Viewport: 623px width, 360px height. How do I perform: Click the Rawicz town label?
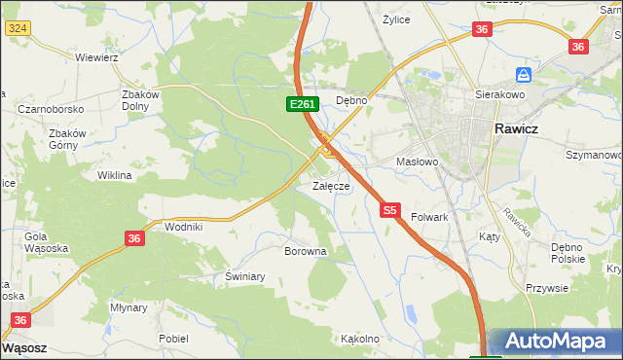click(524, 127)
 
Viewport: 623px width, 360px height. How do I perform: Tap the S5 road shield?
click(390, 209)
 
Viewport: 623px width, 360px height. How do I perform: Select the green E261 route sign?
click(301, 104)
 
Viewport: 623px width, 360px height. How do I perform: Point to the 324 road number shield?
click(16, 29)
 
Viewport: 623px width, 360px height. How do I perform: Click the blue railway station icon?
click(524, 75)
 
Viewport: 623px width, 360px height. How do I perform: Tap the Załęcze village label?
click(330, 185)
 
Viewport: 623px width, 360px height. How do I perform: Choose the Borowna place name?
click(305, 251)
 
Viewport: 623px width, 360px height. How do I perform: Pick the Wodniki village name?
click(183, 227)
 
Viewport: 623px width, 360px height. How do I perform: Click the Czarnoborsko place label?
click(50, 110)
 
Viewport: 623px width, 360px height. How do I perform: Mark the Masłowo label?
click(418, 162)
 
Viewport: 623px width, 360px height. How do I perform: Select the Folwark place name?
click(429, 217)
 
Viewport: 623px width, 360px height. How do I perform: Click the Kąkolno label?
click(359, 340)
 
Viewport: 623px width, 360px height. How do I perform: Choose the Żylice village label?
click(396, 18)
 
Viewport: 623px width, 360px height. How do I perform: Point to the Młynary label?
click(128, 306)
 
